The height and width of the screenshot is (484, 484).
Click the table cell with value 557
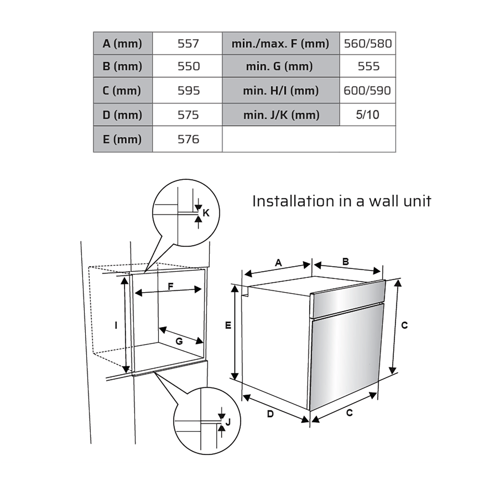(x=188, y=44)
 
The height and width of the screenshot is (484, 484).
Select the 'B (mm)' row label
(x=123, y=66)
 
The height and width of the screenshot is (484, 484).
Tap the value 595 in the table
(x=188, y=90)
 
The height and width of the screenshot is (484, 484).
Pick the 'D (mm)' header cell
(x=123, y=115)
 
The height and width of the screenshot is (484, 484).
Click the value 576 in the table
(x=188, y=139)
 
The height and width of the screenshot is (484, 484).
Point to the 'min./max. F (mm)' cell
(x=281, y=44)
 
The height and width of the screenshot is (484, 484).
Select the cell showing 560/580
(x=368, y=44)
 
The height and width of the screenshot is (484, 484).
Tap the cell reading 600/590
(x=367, y=90)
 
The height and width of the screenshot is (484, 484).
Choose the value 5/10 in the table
(x=367, y=115)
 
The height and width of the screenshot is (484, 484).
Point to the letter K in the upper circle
(x=206, y=213)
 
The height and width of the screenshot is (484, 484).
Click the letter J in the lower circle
(x=228, y=422)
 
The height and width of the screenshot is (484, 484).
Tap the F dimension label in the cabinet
(x=171, y=286)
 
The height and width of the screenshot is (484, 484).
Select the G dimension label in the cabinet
(x=179, y=341)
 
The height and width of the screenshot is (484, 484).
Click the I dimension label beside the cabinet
(x=116, y=325)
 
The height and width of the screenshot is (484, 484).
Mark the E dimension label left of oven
(x=228, y=325)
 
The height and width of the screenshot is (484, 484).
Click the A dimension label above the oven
(x=278, y=263)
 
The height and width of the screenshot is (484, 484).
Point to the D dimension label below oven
(x=270, y=414)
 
